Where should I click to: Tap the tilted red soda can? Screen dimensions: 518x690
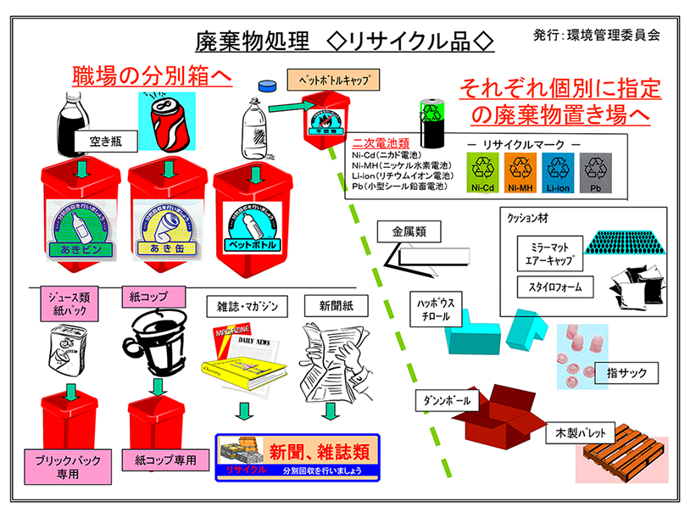tap(170, 120)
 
